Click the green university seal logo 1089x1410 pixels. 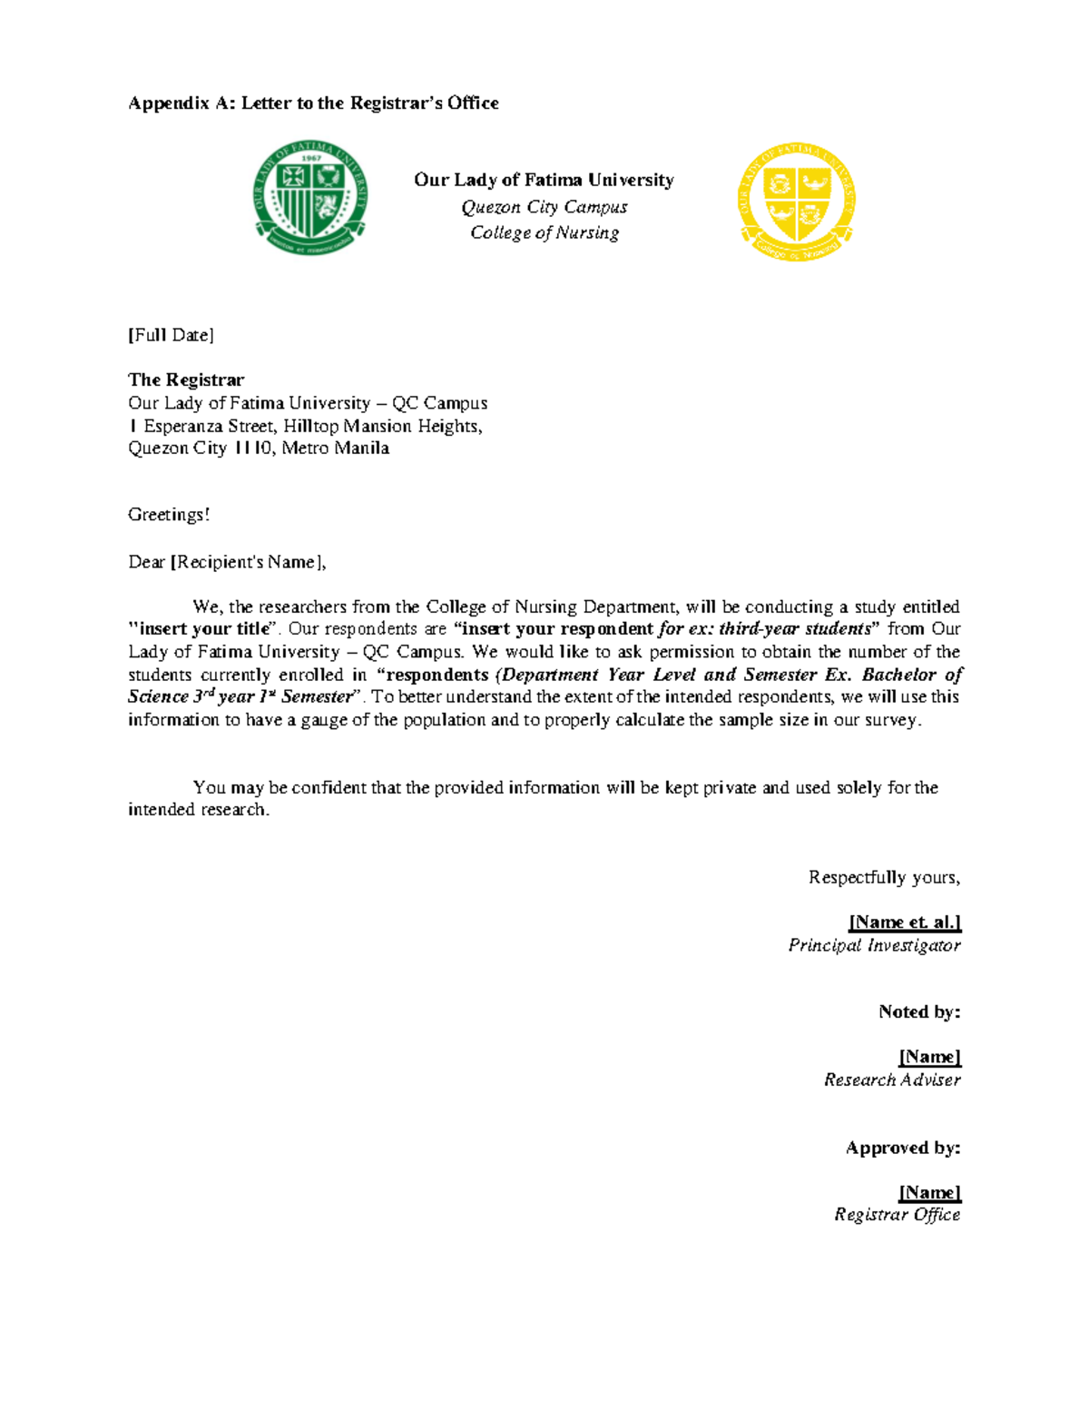311,198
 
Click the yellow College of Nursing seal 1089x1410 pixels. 797,202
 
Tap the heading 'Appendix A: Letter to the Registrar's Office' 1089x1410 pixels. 313,103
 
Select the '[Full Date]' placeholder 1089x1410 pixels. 171,335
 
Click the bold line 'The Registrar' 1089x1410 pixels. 186,380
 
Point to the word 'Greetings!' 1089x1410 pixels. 169,515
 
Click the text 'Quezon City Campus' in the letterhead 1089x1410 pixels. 544,207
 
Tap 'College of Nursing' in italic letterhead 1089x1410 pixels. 544,232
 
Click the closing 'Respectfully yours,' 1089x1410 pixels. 884,877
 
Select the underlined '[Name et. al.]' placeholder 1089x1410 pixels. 905,922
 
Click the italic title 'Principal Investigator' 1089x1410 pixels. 874,945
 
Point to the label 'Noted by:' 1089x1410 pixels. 919,1011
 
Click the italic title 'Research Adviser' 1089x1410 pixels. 892,1080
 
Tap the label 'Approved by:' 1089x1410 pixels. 903,1148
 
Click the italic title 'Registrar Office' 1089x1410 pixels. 897,1215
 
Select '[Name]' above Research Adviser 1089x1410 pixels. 929,1057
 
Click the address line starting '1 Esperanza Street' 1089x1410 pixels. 305,426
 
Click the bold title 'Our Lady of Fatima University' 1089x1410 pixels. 544,180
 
